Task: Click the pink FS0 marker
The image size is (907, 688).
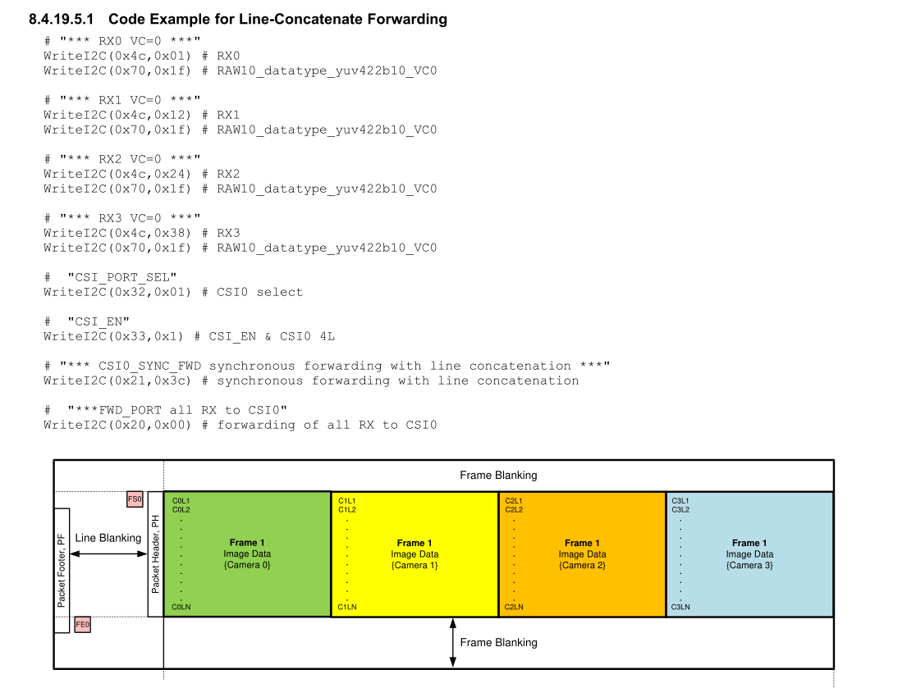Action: (135, 499)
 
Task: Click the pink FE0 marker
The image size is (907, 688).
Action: (83, 625)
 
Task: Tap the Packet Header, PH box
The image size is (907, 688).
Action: (155, 554)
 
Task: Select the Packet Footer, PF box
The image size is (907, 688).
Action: (62, 570)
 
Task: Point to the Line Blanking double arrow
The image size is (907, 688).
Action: (108, 554)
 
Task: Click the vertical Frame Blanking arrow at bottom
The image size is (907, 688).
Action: (453, 643)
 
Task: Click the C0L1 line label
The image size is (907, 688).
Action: (181, 501)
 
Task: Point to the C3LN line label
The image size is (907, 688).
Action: (680, 607)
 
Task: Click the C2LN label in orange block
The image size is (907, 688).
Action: (514, 607)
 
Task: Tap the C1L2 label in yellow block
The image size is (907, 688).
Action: (347, 509)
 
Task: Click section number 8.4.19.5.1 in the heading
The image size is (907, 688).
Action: (62, 19)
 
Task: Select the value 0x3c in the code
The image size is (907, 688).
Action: (172, 380)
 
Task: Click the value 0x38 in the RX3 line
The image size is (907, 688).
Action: (172, 233)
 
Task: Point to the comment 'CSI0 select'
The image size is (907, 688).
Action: (259, 292)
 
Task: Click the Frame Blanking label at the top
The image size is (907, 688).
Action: (498, 475)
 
